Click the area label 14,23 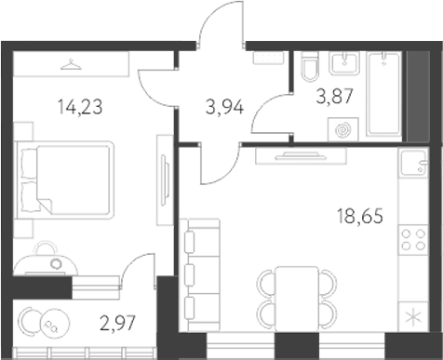(x=78, y=105)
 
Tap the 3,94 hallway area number (x=223, y=105)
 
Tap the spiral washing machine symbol (x=345, y=128)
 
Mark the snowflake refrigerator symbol (x=411, y=314)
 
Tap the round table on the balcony (x=47, y=322)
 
